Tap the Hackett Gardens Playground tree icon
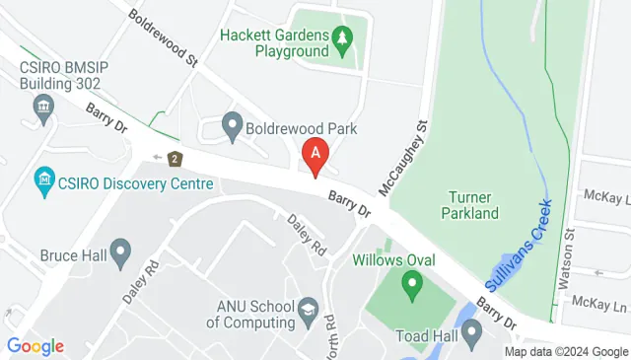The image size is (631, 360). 342,39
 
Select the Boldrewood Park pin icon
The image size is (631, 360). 233,126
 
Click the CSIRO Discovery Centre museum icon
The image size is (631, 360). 44,181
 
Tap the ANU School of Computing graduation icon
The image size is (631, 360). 308,312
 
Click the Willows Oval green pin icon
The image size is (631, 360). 410,287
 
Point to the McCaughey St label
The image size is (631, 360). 403,157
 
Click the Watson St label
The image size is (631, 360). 565,259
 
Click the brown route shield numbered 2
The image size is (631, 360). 175,158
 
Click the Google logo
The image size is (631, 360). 35,346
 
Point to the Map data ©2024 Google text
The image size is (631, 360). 566,351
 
